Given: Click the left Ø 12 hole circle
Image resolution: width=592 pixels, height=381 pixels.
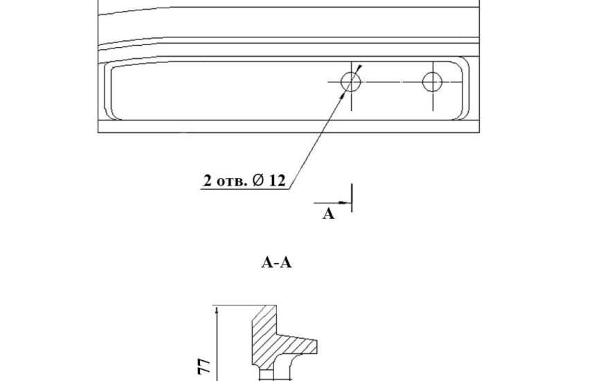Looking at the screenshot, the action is (x=341, y=82).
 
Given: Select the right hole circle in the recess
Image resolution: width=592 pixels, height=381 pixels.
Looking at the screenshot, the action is (x=422, y=82).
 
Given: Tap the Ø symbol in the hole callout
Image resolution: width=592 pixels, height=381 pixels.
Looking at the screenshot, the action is (x=258, y=180).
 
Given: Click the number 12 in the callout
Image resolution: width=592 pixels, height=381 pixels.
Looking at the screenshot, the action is (x=278, y=181).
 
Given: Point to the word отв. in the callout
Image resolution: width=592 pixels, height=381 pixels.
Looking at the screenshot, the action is (x=232, y=181).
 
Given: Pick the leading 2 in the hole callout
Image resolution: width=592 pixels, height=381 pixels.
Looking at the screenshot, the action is (x=208, y=181).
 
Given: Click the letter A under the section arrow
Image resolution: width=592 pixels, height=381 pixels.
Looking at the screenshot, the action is (x=328, y=214).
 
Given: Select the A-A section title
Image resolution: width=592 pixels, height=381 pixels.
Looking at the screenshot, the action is (x=276, y=262).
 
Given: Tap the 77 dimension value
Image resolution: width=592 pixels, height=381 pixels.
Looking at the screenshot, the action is (x=204, y=366).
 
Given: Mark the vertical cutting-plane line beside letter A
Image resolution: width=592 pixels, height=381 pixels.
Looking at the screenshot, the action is (x=352, y=198).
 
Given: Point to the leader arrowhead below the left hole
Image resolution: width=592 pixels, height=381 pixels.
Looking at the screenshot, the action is (x=343, y=96).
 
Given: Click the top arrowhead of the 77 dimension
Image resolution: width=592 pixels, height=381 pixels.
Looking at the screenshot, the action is (x=217, y=310).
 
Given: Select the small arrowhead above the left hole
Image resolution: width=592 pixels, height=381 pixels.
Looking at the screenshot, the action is (x=359, y=68).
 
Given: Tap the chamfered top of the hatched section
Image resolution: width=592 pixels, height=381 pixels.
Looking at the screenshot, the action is (x=259, y=312).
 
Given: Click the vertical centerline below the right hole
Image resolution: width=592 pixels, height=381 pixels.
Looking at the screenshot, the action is (x=433, y=101).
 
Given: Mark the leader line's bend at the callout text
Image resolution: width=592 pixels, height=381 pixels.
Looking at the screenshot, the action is (x=289, y=188).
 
